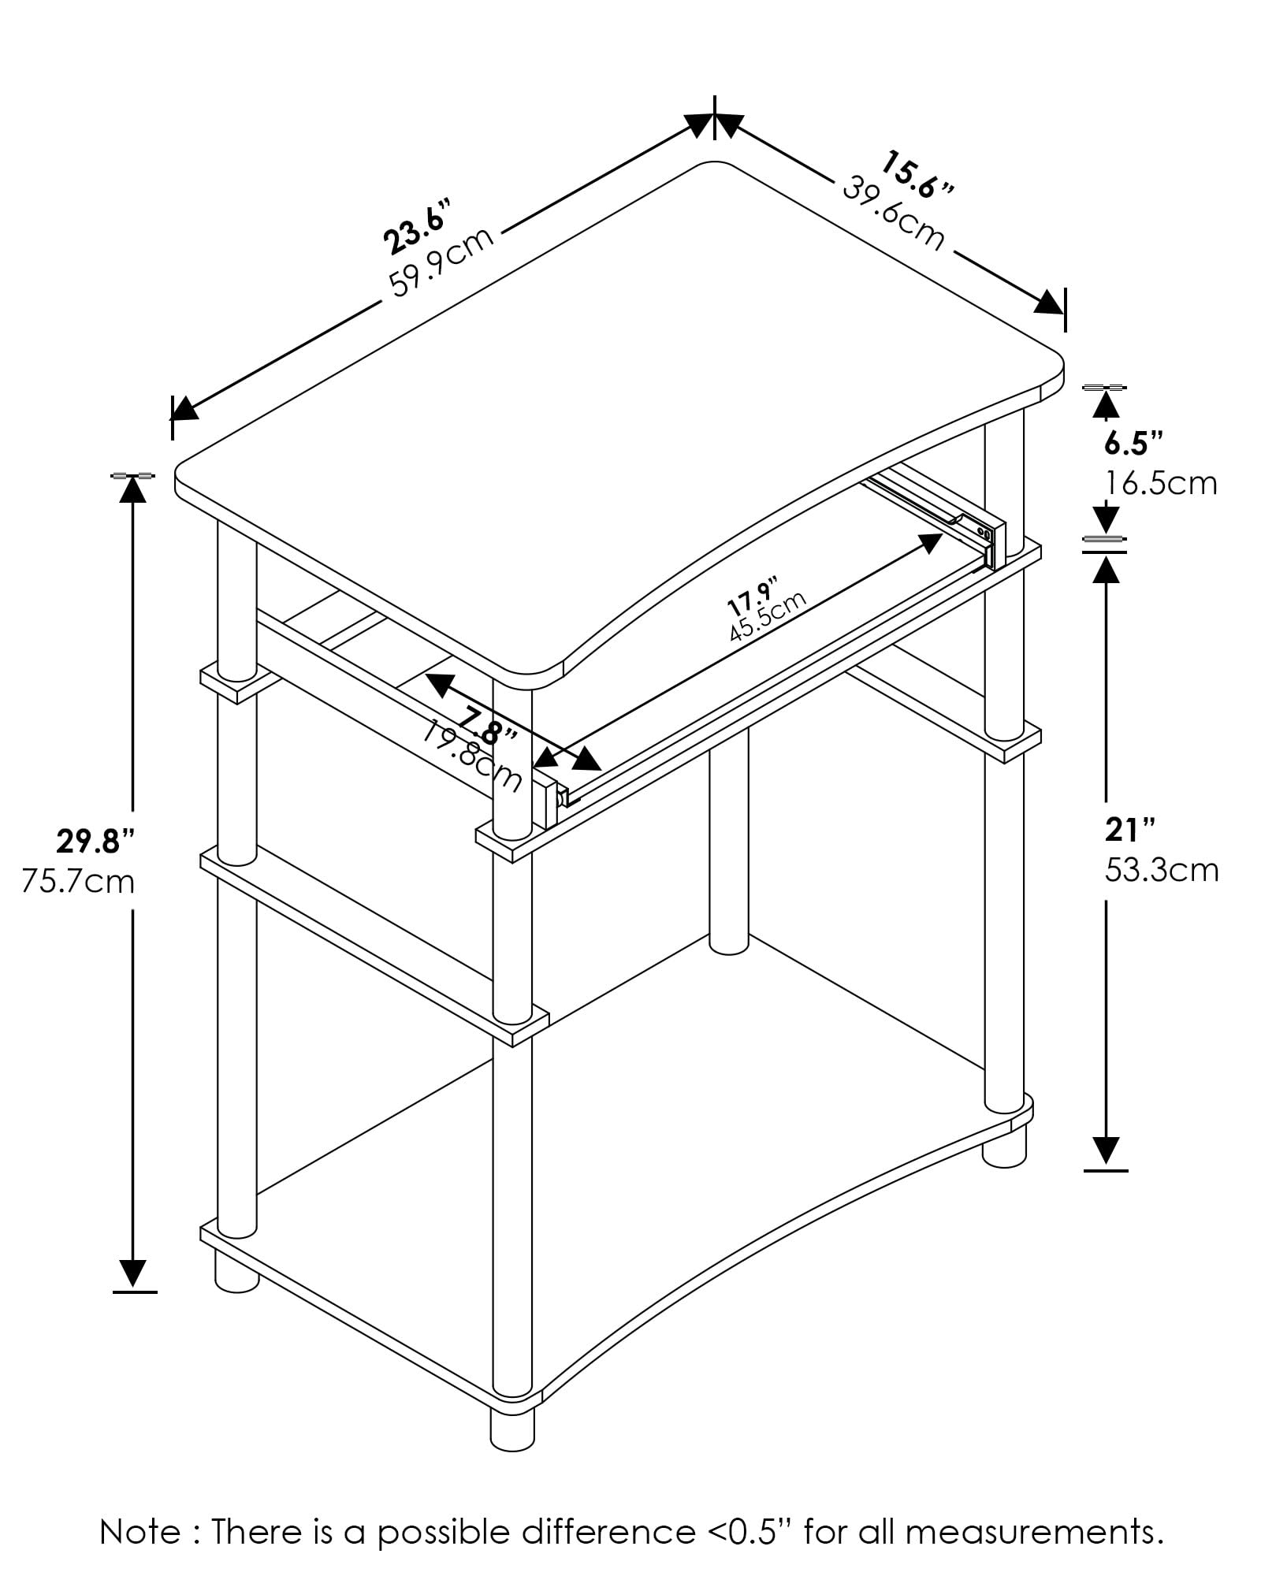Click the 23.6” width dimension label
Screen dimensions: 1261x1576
tap(418, 228)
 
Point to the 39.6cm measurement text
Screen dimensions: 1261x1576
tap(894, 214)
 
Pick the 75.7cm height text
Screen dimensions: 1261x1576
tap(78, 881)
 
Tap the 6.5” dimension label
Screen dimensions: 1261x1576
tap(1133, 443)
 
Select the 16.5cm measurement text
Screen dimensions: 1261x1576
tap(1161, 482)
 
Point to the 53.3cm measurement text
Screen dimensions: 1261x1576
tap(1162, 870)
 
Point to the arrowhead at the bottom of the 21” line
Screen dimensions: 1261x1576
tap(1107, 1151)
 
